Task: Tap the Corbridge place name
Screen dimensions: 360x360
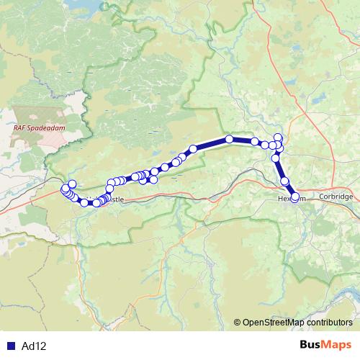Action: [336, 197]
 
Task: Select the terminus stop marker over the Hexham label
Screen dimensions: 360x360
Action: [294, 197]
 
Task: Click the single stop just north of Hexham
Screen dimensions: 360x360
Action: [284, 181]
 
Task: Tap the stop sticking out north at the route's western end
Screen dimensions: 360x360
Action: [72, 184]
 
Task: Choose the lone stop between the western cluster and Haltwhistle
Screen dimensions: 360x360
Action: [84, 202]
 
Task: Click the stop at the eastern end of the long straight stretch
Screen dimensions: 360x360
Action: [255, 141]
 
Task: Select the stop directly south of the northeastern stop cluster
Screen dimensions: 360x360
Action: [276, 158]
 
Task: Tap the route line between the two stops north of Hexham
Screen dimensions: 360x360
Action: [280, 170]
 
